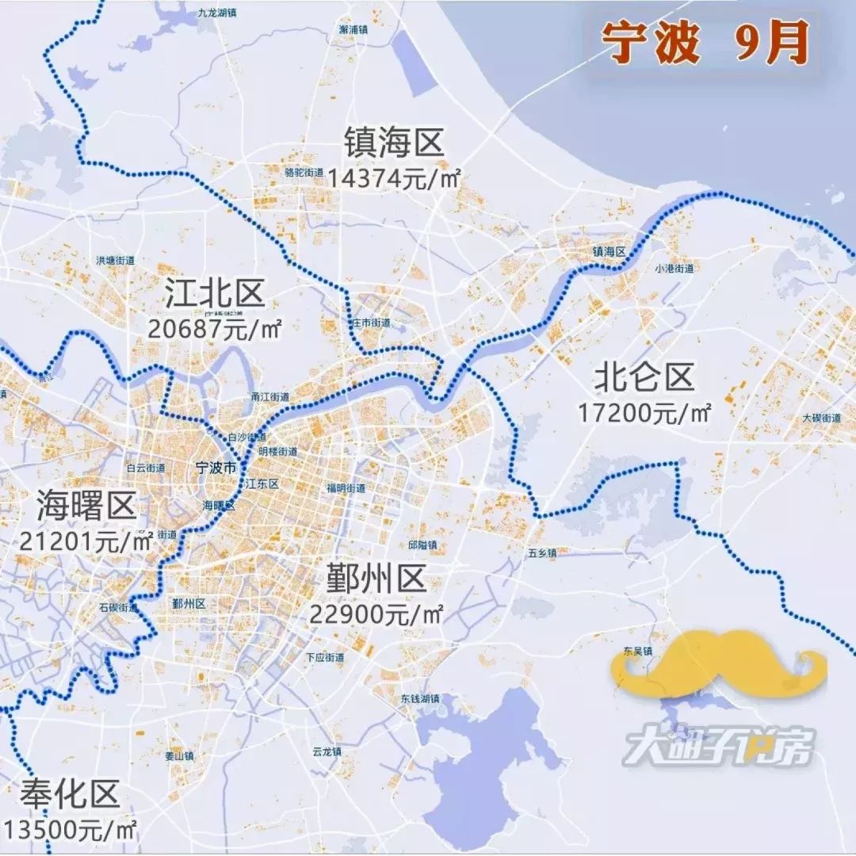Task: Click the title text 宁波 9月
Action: [705, 43]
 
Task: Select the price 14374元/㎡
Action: [394, 177]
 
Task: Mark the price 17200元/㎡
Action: [644, 411]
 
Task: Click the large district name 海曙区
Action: [86, 506]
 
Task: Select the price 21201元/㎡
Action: [86, 541]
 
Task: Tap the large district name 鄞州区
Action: [376, 579]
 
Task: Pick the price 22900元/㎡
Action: [376, 613]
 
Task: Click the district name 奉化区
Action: [70, 793]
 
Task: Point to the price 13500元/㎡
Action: [70, 828]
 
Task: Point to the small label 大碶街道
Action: [821, 418]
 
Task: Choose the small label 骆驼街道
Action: [304, 173]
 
